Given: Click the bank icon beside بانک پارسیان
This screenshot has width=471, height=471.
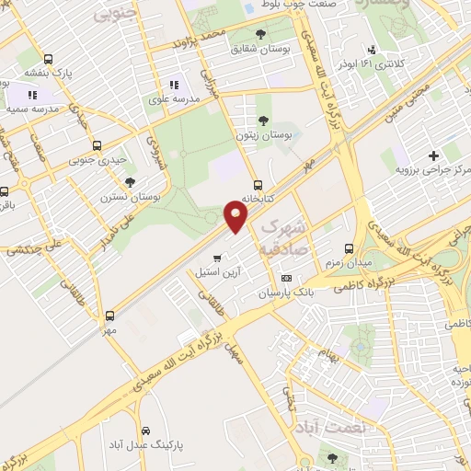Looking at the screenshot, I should coord(286,277).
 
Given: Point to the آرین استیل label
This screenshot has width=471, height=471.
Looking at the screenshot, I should coord(216,273).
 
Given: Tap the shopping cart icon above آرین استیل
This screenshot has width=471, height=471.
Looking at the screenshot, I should coord(217,258).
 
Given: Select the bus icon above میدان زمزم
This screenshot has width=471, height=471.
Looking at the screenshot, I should coord(349,248).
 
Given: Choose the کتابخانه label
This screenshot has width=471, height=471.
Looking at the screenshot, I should coord(258,198).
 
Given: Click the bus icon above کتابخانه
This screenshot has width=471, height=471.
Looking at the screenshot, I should coord(258,182).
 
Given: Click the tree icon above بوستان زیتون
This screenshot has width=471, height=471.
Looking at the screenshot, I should coord(264,121).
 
